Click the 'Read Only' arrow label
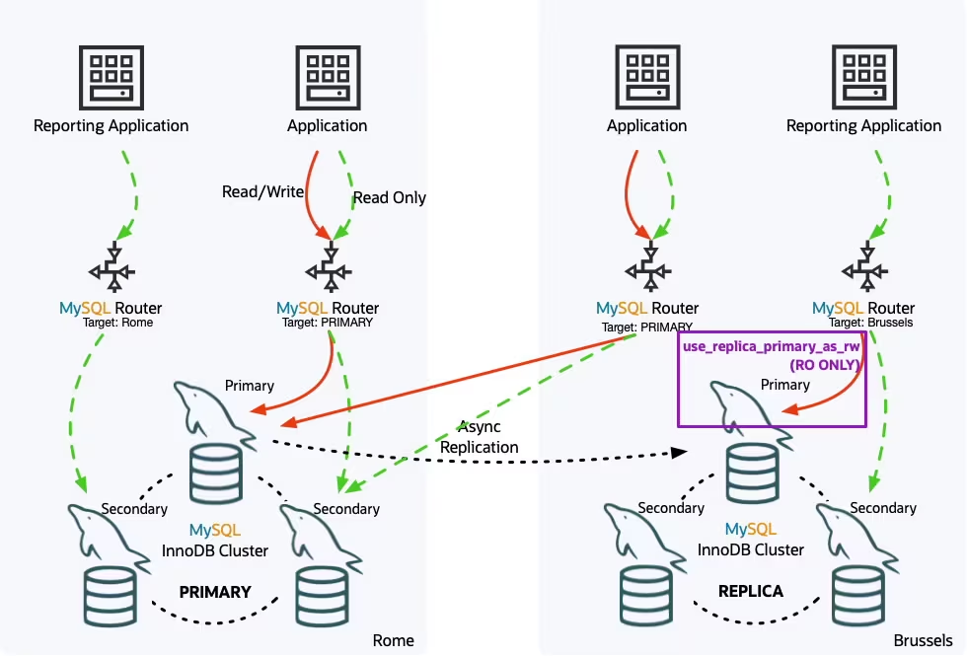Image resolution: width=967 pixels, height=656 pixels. pyautogui.click(x=389, y=197)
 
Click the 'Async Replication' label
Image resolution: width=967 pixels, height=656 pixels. pyautogui.click(x=479, y=437)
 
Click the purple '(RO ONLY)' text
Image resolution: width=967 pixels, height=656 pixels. pyautogui.click(x=826, y=364)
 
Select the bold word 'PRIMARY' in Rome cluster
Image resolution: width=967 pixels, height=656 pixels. pyautogui.click(x=215, y=592)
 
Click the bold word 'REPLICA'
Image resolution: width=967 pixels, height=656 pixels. pyautogui.click(x=751, y=591)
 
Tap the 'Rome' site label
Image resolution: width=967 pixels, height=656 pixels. pyautogui.click(x=393, y=641)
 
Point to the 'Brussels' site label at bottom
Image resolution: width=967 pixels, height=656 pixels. pyautogui.click(x=923, y=641)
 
